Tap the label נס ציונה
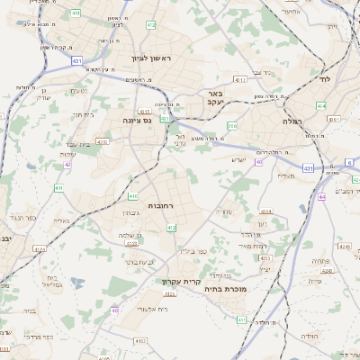tap(143, 119)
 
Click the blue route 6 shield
tap(349, 162)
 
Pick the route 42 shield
tap(67, 165)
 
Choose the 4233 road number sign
tap(131, 243)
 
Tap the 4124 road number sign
tap(39, 249)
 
